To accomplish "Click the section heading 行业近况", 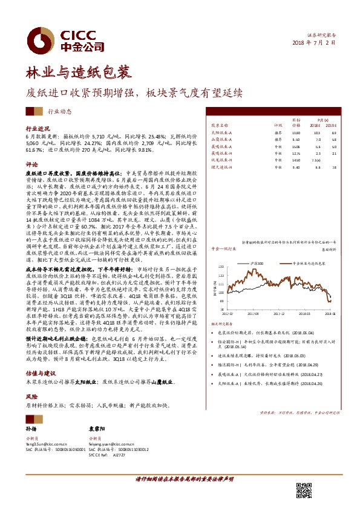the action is click(36, 129).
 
